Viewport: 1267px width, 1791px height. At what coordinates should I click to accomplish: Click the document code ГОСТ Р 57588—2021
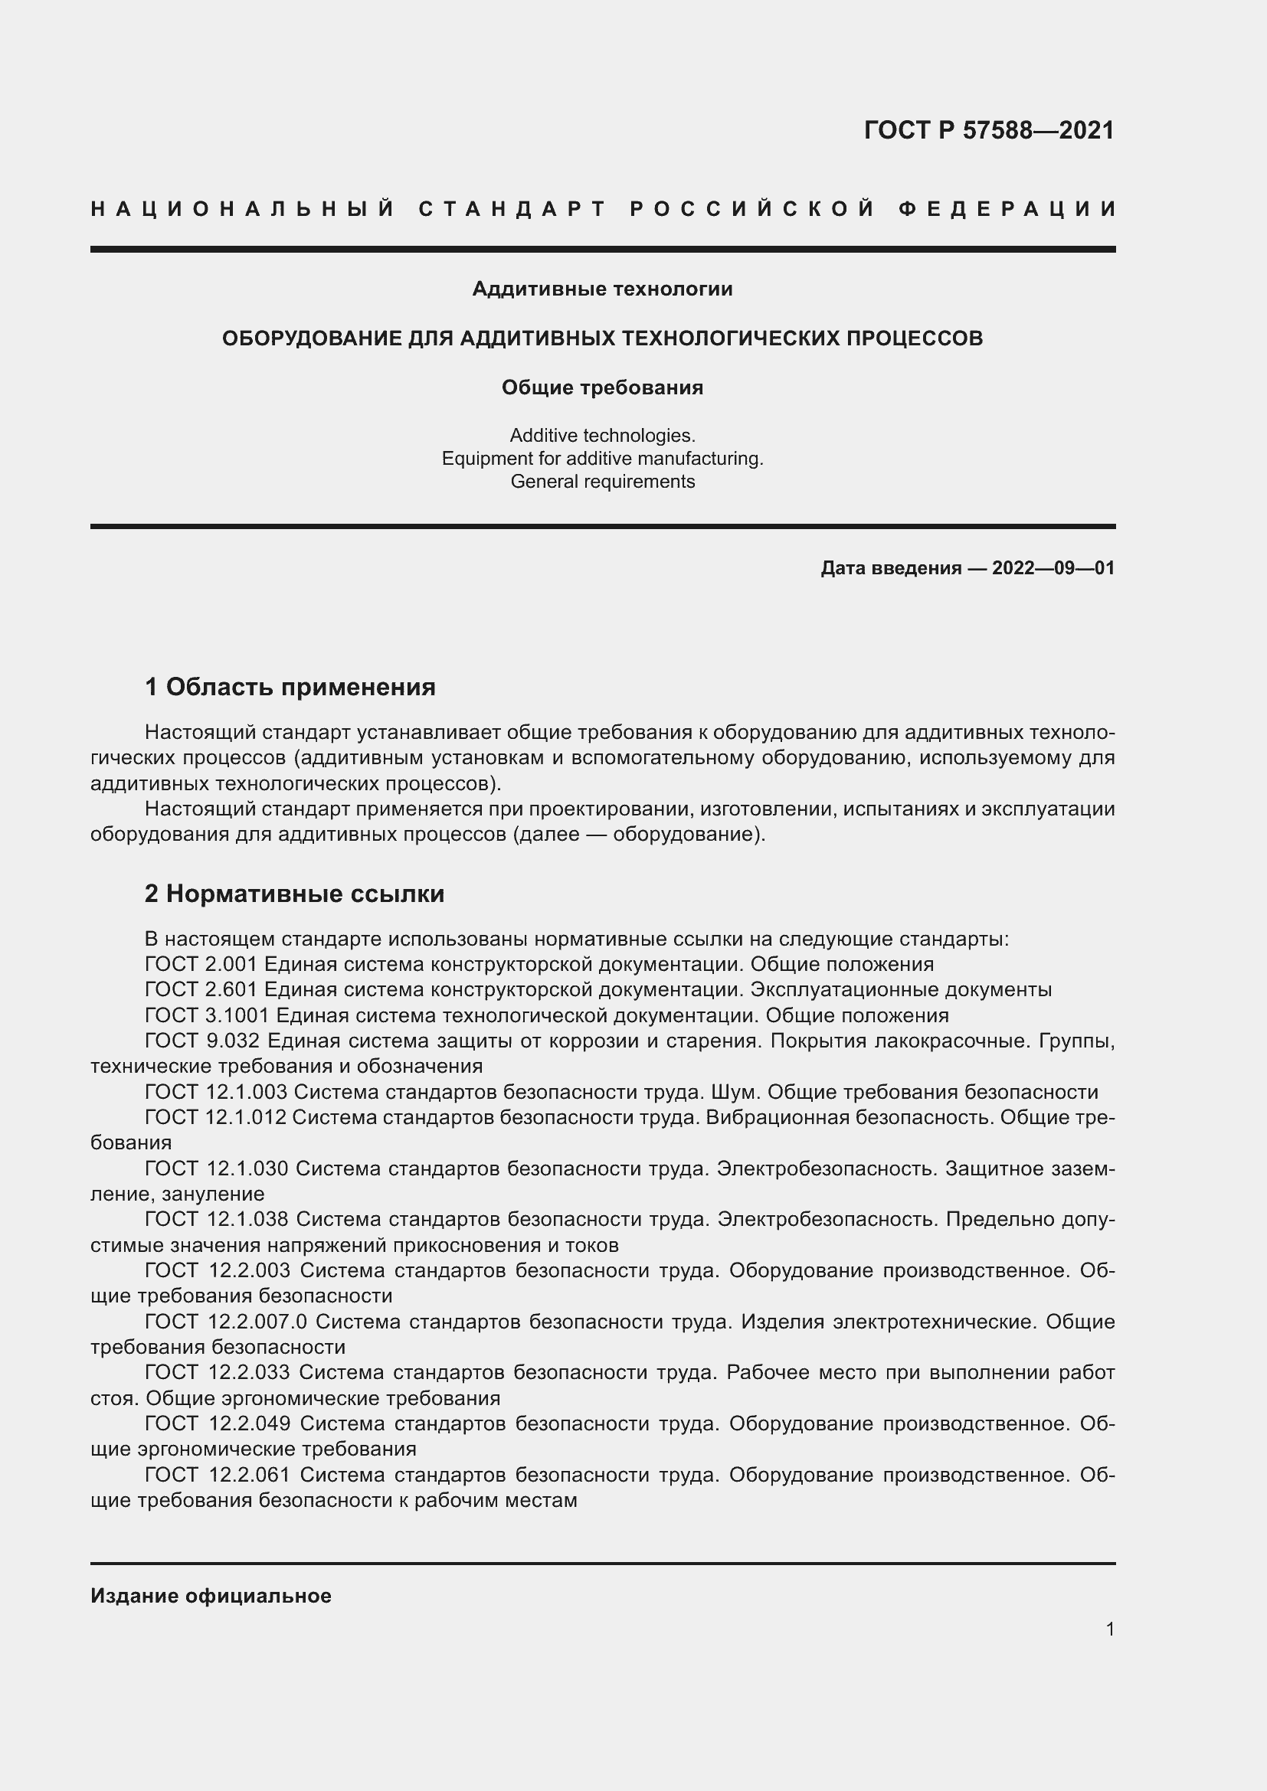point(988,129)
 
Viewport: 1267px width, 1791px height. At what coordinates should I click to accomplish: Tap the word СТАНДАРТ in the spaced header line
point(512,209)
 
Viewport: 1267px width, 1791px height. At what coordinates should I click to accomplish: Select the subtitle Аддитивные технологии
point(602,289)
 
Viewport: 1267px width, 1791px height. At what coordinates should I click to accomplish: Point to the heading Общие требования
point(602,387)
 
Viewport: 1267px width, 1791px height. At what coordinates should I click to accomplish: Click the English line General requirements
point(602,482)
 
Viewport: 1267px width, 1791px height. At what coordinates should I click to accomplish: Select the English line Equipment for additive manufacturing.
point(602,459)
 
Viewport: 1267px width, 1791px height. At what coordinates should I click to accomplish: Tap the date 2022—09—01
point(1053,568)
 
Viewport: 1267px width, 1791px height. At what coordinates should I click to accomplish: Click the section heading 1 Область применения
point(290,687)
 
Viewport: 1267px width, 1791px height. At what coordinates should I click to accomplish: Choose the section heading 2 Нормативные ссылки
point(294,894)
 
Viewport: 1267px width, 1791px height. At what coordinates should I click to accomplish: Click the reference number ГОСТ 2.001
point(201,965)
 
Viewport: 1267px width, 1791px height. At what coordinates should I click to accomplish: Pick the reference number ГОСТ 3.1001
point(208,1015)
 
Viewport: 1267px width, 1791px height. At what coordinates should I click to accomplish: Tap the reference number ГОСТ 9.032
point(201,1041)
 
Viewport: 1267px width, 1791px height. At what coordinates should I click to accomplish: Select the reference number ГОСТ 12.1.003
point(216,1092)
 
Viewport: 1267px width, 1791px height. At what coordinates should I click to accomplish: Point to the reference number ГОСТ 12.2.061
point(218,1475)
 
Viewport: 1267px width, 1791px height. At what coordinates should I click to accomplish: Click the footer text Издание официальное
point(211,1596)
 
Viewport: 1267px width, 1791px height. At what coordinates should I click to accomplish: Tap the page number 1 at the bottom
point(1109,1629)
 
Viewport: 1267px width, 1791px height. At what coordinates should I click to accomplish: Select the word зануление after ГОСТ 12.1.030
point(213,1195)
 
